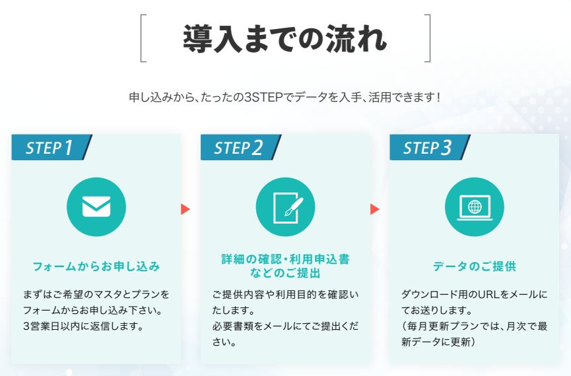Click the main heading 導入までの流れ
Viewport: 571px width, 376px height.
[285, 38]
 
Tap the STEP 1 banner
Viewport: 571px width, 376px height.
[50, 147]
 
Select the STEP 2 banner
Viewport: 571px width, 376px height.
[239, 147]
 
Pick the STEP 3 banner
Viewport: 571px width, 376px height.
[428, 147]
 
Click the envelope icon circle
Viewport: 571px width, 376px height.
[96, 206]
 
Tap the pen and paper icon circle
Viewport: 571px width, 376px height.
[285, 206]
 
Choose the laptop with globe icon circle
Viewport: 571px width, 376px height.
[475, 206]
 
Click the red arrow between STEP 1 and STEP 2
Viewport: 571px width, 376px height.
[185, 209]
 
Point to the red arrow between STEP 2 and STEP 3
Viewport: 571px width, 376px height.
[375, 209]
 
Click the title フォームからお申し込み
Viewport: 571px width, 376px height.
[96, 267]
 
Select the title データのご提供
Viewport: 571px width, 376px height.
[475, 267]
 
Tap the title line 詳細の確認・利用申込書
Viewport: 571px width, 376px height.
[285, 259]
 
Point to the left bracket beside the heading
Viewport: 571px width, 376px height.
[143, 38]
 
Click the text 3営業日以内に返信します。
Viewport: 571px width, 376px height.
[83, 326]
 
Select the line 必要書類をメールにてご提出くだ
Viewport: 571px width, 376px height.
[285, 326]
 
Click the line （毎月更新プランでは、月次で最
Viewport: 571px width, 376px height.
[474, 326]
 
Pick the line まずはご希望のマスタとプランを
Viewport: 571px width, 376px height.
[96, 294]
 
